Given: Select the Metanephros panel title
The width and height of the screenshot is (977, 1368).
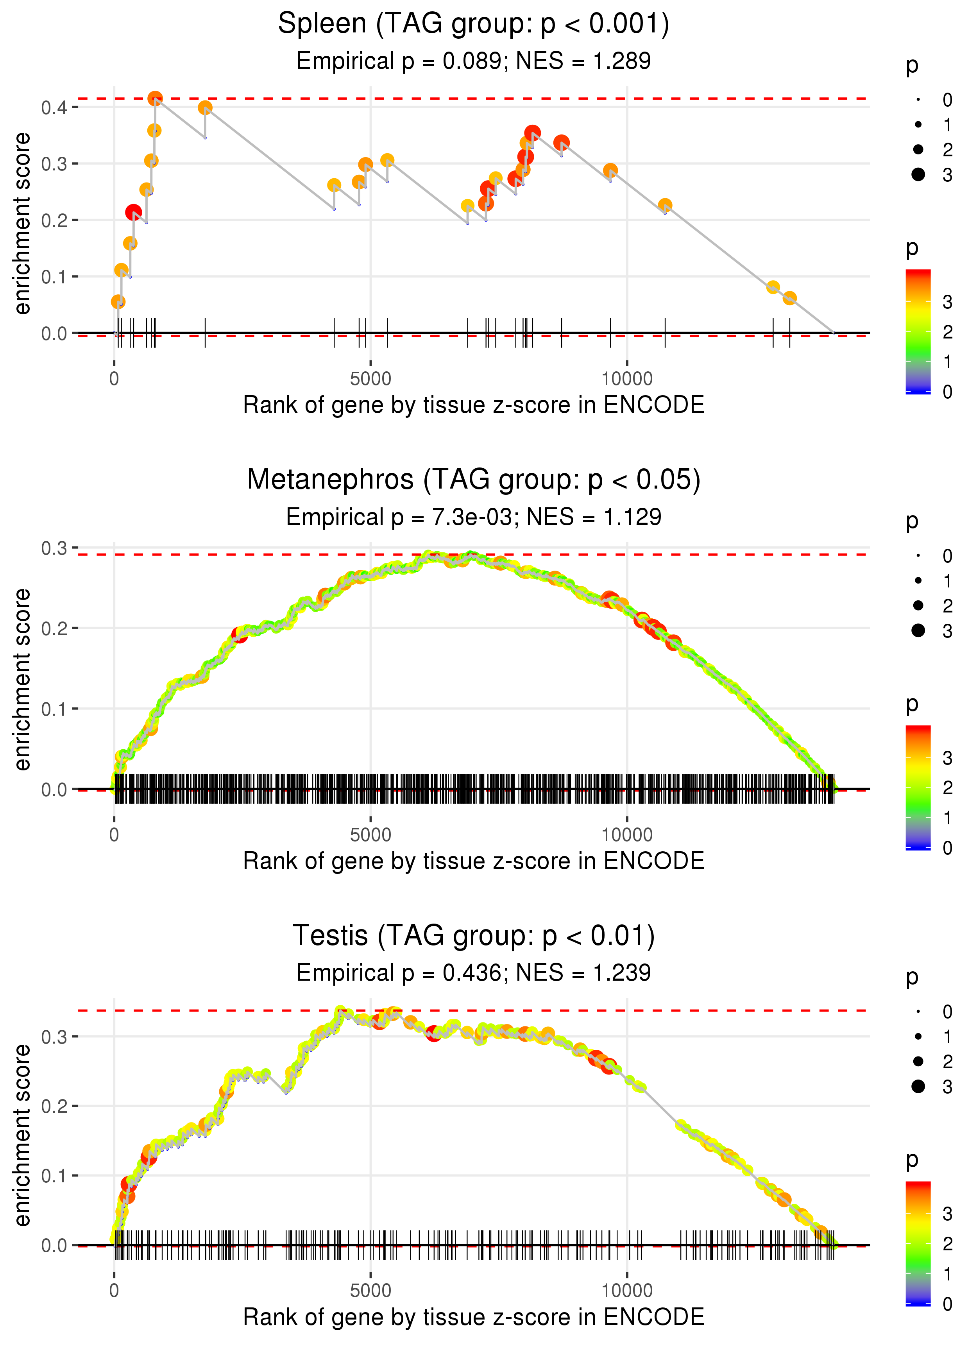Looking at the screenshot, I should coord(474,480).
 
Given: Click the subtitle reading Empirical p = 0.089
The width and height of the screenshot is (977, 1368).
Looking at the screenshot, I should coord(474,61).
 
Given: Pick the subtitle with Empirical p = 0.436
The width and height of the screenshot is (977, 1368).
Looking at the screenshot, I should coord(474,973).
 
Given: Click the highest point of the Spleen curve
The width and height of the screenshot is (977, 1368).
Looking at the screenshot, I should coord(155,98).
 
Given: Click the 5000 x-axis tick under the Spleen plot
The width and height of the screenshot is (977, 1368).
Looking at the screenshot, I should coord(370,379).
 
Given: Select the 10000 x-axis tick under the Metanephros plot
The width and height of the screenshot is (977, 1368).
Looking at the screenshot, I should coord(627,835).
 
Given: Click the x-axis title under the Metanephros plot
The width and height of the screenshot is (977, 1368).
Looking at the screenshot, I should coord(474,861).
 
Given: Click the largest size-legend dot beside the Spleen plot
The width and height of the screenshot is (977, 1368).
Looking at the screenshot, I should coord(918,174).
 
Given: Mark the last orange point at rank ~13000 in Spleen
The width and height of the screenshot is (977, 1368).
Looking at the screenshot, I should coord(790,298).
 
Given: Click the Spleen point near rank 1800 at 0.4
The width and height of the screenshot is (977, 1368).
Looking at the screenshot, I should coord(205,108).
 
